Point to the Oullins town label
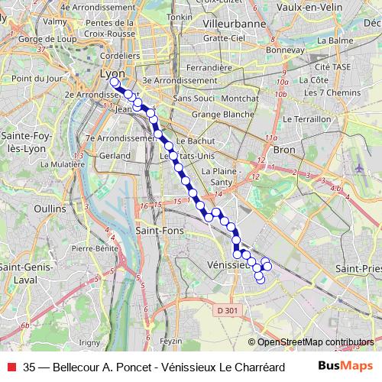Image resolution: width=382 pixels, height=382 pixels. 50,208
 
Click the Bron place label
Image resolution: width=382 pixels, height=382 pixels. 283,150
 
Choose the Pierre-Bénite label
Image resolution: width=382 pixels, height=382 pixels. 97,248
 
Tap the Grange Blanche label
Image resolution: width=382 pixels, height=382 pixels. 223,114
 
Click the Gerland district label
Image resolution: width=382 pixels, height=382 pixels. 115,155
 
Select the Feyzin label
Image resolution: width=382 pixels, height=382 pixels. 172,341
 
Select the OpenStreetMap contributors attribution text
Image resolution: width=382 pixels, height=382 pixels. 311,342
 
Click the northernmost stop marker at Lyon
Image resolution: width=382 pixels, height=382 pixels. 115,82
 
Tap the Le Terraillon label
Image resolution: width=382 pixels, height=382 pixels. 307,120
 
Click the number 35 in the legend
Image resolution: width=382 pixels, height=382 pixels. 29,367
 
